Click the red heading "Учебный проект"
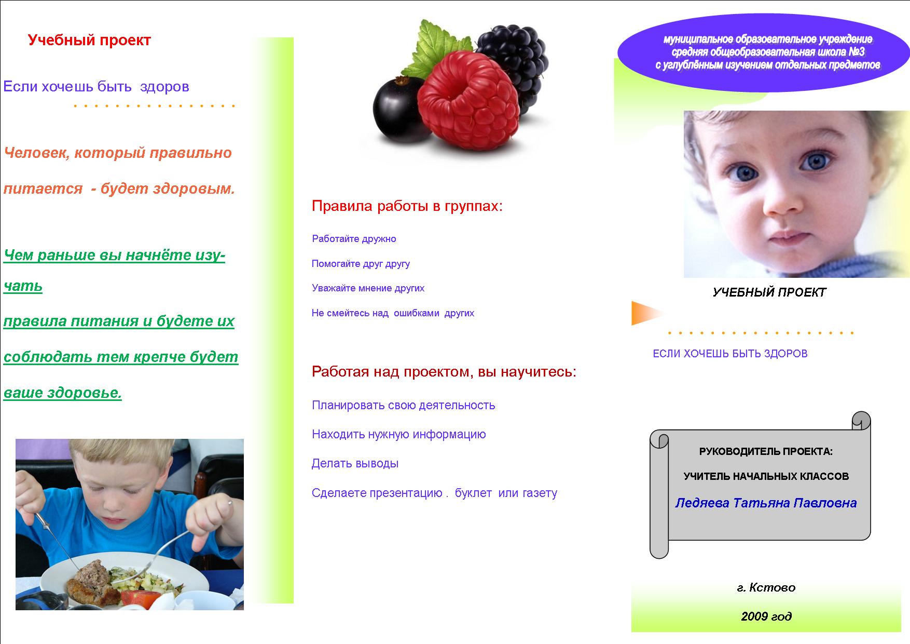click(x=89, y=41)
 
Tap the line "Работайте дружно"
click(x=354, y=239)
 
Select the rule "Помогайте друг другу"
click(x=361, y=264)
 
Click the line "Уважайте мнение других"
click(x=368, y=288)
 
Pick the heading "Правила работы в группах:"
click(x=407, y=207)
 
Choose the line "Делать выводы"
click(x=355, y=463)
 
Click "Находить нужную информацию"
click(x=398, y=434)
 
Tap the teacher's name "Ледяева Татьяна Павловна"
click(x=766, y=503)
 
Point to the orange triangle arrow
click(x=646, y=313)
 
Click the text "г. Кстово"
click(x=766, y=587)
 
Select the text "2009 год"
click(x=766, y=616)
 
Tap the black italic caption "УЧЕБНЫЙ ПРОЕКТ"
click(x=769, y=292)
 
